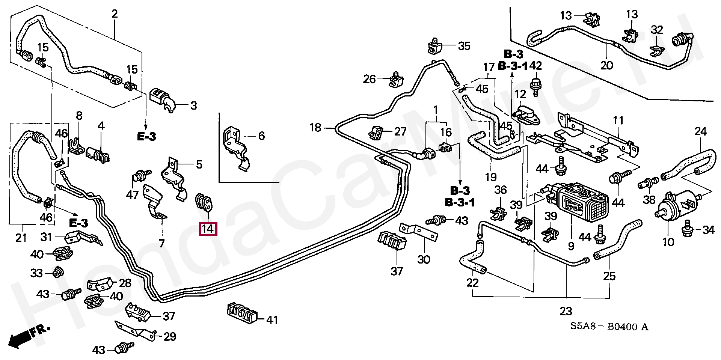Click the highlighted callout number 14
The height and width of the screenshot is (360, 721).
point(208,228)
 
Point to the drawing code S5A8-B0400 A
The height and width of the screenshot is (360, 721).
point(609,327)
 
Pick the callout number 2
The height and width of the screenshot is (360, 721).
point(115,14)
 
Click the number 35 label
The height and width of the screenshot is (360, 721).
point(464,46)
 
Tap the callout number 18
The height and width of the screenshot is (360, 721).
point(315,128)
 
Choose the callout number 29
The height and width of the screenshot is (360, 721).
point(170,336)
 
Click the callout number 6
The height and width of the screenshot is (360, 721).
point(261,136)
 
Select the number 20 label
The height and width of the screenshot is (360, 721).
point(606,65)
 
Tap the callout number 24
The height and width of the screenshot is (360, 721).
point(700,132)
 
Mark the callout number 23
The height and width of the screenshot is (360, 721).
point(566,311)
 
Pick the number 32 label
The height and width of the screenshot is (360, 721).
point(657,30)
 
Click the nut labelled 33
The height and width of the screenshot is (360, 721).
point(57,272)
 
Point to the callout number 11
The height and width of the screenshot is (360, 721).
point(618,121)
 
